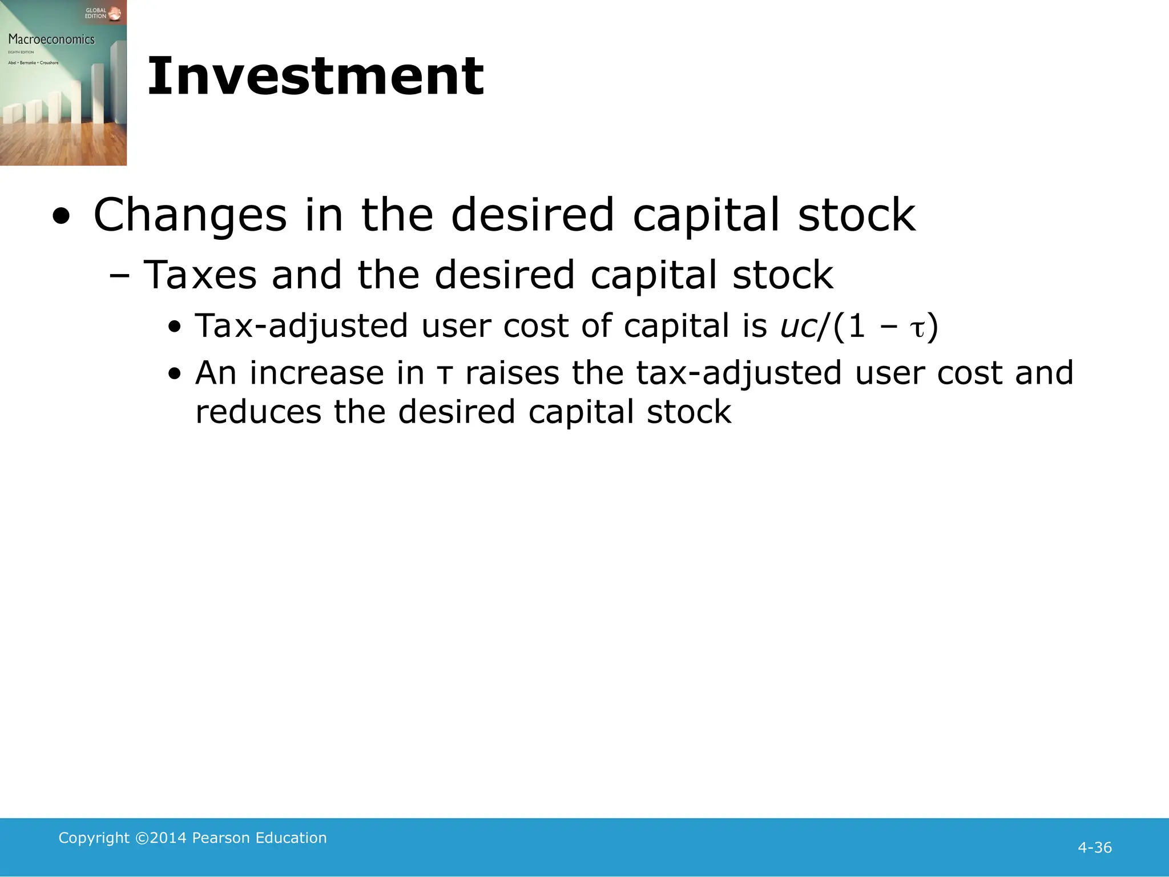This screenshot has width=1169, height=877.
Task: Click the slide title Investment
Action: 316,77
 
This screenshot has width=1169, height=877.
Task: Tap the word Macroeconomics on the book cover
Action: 51,39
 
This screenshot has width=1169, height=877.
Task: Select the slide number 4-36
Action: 1094,847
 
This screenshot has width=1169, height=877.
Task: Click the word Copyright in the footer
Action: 94,838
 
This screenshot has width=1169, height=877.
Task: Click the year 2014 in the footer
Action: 168,838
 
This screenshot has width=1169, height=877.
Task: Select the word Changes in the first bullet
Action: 190,215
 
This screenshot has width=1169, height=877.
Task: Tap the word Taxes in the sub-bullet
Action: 200,275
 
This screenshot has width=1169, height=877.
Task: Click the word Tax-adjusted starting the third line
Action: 301,326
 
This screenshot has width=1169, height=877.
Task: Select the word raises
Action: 512,373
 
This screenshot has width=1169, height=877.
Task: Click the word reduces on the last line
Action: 258,412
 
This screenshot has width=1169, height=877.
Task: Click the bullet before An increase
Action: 175,375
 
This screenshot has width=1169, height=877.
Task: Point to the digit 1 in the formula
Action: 856,326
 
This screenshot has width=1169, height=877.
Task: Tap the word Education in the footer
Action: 291,838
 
